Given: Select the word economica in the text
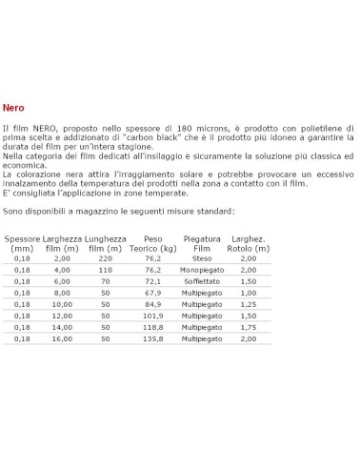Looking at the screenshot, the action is coord(30,165).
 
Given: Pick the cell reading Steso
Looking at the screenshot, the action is coord(201,257).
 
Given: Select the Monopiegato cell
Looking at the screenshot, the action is coord(201,271).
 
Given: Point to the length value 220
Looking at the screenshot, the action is coord(106,257).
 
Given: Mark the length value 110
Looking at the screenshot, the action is coord(106,271).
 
